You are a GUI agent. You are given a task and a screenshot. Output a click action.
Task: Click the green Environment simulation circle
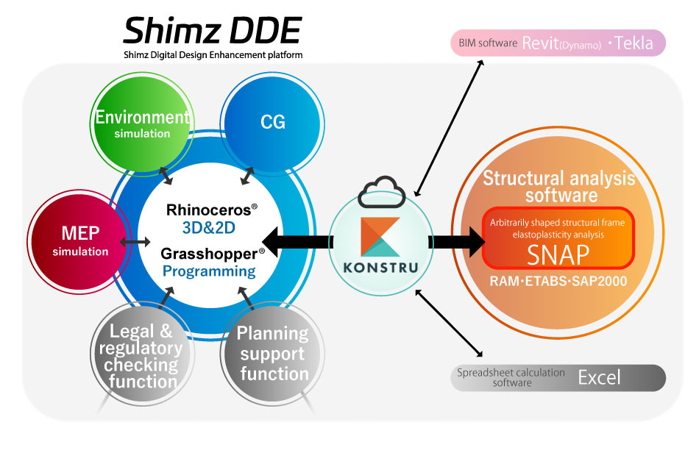(x=141, y=124)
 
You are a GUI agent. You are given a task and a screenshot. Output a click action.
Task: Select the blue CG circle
(x=272, y=121)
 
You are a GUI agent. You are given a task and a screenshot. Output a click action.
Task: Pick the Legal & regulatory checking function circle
(x=141, y=355)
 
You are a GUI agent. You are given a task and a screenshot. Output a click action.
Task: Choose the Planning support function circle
(x=272, y=353)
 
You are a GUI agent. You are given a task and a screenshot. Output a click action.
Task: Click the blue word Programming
(x=209, y=271)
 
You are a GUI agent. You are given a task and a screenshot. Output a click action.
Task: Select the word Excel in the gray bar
(x=599, y=378)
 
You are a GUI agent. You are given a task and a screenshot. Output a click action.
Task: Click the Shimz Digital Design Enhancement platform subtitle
(x=213, y=55)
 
